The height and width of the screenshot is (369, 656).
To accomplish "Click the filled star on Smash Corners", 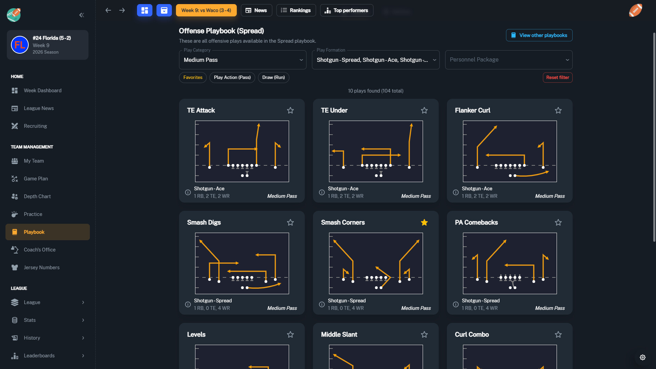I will tap(424, 222).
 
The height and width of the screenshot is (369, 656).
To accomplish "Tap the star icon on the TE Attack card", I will tap(290, 110).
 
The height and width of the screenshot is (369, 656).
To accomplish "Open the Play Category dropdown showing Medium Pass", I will tap(243, 60).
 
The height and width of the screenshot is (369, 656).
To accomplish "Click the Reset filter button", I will tap(558, 78).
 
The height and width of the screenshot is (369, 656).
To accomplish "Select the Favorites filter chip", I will tap(193, 78).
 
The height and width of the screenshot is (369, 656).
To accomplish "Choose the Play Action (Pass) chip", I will tap(232, 78).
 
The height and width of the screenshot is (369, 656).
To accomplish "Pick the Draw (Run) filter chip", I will tap(273, 78).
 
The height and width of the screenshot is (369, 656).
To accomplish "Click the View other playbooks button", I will tap(539, 35).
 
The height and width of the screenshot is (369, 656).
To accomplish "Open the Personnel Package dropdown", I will tap(509, 60).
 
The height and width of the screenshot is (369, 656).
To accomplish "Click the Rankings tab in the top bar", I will tap(296, 10).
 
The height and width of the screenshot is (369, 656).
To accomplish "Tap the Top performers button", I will tap(346, 10).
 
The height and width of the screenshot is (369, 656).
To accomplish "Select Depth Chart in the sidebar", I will tap(37, 196).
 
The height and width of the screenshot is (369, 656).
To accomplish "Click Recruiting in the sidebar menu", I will tap(35, 126).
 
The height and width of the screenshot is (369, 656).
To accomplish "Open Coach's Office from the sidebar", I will tap(40, 250).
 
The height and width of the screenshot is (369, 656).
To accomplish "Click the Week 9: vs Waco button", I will tap(206, 10).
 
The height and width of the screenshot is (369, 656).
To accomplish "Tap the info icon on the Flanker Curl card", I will tap(456, 192).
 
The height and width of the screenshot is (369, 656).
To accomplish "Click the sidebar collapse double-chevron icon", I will tap(82, 15).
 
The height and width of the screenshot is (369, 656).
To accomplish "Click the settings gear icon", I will tap(643, 357).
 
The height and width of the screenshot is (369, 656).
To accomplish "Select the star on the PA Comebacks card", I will tap(558, 222).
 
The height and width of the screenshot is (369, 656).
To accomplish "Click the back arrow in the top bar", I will tap(108, 10).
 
